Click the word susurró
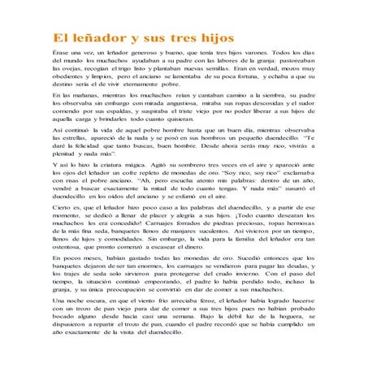coord(279,193)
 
